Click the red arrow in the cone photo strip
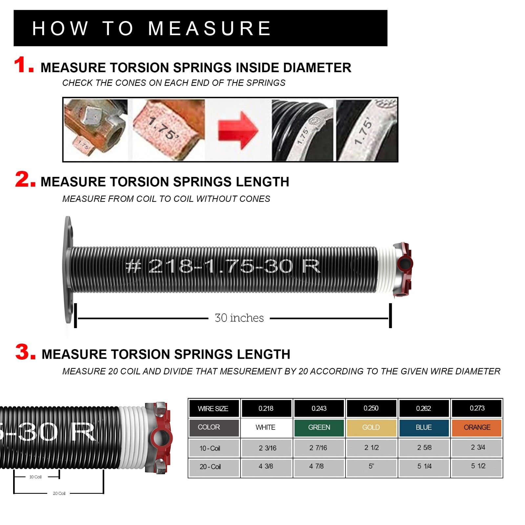(238, 131)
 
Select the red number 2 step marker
(25, 179)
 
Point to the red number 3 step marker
(25, 352)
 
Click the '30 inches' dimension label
(239, 318)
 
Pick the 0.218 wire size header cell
(266, 408)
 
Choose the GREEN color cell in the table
(319, 427)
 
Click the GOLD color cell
(371, 427)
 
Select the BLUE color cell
(424, 427)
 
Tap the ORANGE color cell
(477, 427)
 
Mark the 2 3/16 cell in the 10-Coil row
(267, 448)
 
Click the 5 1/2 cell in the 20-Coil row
(478, 466)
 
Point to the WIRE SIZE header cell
(213, 409)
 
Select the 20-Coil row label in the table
(210, 467)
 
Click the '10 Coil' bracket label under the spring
(35, 477)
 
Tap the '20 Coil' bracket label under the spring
(59, 493)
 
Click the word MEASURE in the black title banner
(209, 28)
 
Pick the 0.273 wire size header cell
(477, 408)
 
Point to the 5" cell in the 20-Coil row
(371, 466)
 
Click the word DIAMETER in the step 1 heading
(317, 68)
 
